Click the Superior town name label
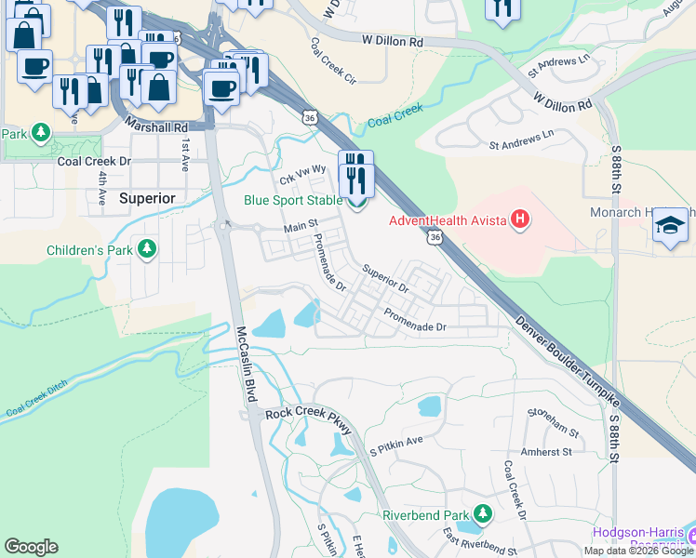[x=147, y=198]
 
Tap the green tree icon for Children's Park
[x=146, y=249]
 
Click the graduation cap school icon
[x=670, y=226]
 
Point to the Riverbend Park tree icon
[x=482, y=514]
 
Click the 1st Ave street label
[x=186, y=153]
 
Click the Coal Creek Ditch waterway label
[x=44, y=398]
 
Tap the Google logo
[x=32, y=546]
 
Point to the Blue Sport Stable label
[x=292, y=199]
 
